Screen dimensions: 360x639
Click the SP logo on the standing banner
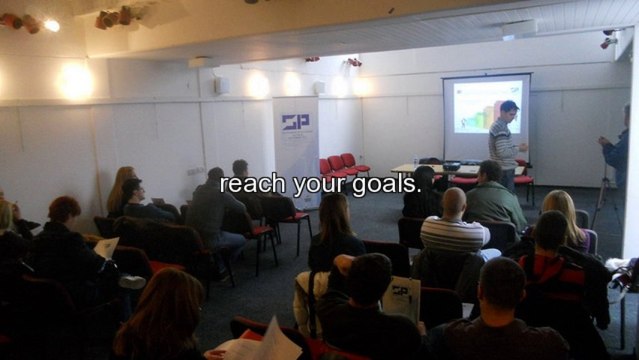(x=295, y=122)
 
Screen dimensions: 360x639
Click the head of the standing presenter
(x=509, y=108)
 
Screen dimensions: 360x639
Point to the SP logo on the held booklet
(x=400, y=292)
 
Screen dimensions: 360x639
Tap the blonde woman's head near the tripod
(x=559, y=204)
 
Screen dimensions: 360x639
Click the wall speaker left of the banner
(x=221, y=86)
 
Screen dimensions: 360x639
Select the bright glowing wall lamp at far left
(x=74, y=80)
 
